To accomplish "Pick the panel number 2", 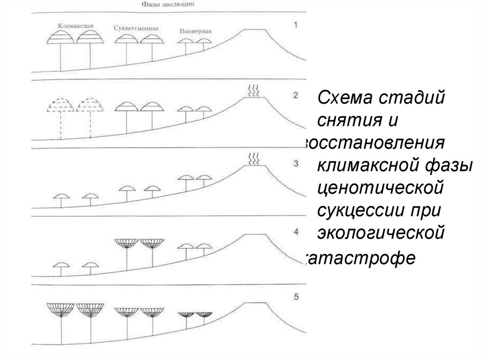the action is pyautogui.click(x=295, y=95).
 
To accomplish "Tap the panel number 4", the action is pyautogui.click(x=295, y=231).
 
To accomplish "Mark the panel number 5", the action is pyautogui.click(x=295, y=297).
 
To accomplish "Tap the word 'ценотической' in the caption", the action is pyautogui.click(x=380, y=188).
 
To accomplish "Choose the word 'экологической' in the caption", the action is pyautogui.click(x=381, y=232).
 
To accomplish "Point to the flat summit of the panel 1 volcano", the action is pyautogui.click(x=254, y=29).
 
